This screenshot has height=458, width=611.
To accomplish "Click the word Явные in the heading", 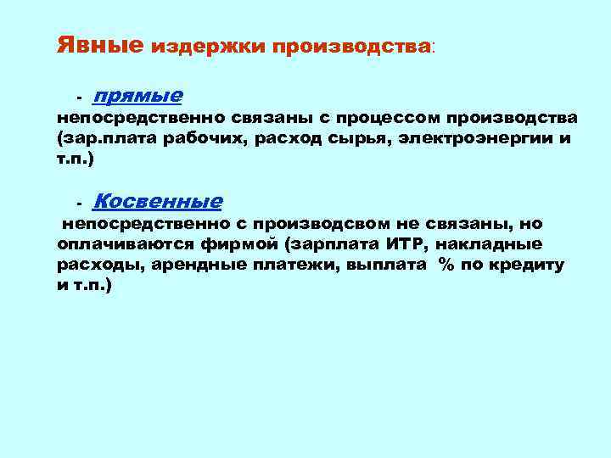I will tap(99, 44).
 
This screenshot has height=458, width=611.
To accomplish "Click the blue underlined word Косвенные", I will tap(157, 201).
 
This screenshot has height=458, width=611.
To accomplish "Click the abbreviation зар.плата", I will tap(109, 138).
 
